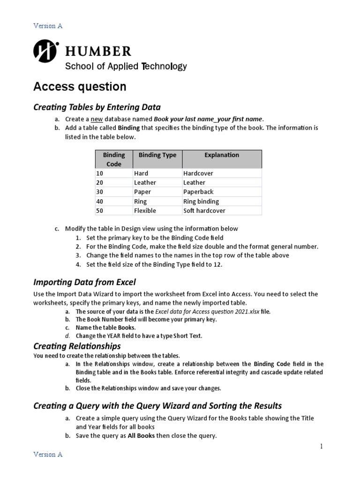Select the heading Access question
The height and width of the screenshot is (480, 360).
[80, 87]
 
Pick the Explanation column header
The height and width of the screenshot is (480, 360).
[222, 155]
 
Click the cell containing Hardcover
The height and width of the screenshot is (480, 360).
[198, 173]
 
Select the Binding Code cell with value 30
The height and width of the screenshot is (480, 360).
[99, 192]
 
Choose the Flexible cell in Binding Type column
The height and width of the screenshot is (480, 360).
[145, 211]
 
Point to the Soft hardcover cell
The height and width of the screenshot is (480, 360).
[204, 211]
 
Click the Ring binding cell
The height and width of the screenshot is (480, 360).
[201, 202]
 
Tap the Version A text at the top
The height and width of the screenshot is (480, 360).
[47, 26]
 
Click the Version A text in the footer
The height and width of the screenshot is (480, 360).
[47, 454]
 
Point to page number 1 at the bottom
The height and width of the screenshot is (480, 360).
[321, 446]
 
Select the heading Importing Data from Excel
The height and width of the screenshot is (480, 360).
[84, 282]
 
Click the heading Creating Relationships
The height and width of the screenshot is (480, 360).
[77, 346]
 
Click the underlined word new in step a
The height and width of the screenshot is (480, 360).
[96, 119]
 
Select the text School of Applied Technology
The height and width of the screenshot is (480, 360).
[126, 66]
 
